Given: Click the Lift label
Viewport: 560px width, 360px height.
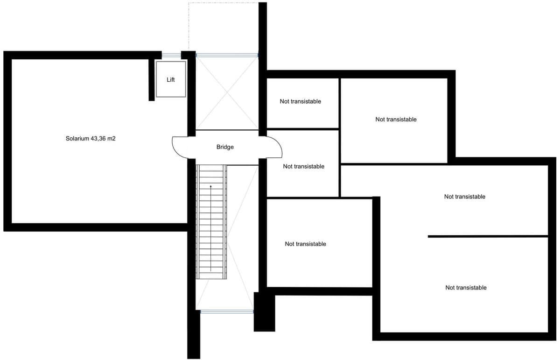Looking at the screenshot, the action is (170, 79).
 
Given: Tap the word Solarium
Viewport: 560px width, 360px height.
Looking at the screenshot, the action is (77, 138).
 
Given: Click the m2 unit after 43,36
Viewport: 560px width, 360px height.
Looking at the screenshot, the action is (111, 139).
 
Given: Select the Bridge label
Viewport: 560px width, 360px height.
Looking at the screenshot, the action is (225, 147).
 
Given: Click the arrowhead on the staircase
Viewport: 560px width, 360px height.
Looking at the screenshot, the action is (211, 186).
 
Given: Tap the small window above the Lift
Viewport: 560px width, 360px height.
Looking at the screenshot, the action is (171, 55).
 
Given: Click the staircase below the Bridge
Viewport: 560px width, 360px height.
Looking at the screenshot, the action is (211, 222).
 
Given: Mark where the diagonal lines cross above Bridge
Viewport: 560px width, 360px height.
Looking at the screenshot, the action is (227, 92).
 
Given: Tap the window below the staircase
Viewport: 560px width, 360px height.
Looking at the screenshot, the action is (227, 311).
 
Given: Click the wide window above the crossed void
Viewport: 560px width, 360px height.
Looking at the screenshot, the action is (227, 55).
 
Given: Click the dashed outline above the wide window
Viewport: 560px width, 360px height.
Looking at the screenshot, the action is (223, 3).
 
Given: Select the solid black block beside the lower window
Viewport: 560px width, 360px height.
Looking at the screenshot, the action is (265, 312).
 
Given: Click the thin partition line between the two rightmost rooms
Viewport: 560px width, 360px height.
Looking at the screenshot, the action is (488, 236).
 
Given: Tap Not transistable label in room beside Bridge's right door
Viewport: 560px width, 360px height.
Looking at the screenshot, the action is (303, 166).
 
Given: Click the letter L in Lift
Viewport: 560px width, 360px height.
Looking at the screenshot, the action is (168, 79).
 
